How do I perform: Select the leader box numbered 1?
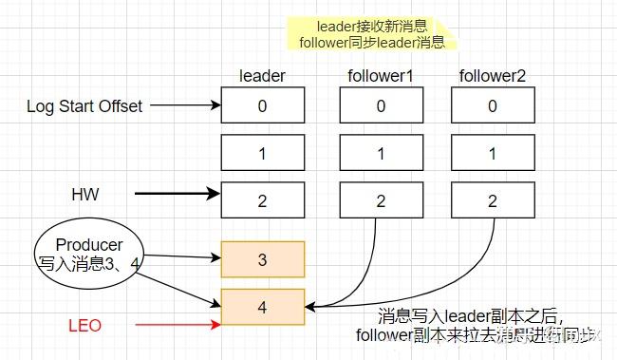(x=263, y=152)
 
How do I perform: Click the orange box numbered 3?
(x=263, y=258)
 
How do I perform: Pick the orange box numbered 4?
(x=263, y=306)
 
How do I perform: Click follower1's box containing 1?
(x=381, y=152)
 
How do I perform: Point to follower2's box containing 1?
(x=493, y=152)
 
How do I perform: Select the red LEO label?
(x=85, y=327)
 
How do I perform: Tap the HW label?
(x=85, y=194)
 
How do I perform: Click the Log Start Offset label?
(x=84, y=105)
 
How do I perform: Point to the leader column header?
(x=262, y=75)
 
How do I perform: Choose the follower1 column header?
(x=381, y=75)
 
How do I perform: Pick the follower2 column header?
(x=492, y=75)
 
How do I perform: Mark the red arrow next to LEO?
(x=177, y=327)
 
